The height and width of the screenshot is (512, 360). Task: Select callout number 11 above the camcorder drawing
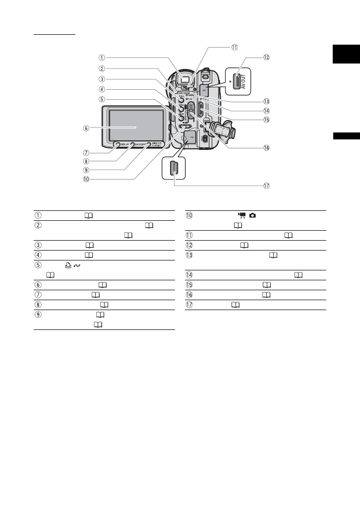click(234, 47)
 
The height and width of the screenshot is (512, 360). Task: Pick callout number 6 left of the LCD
click(86, 128)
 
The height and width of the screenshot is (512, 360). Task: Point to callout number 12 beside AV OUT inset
click(266, 57)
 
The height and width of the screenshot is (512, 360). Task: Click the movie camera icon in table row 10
click(242, 215)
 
